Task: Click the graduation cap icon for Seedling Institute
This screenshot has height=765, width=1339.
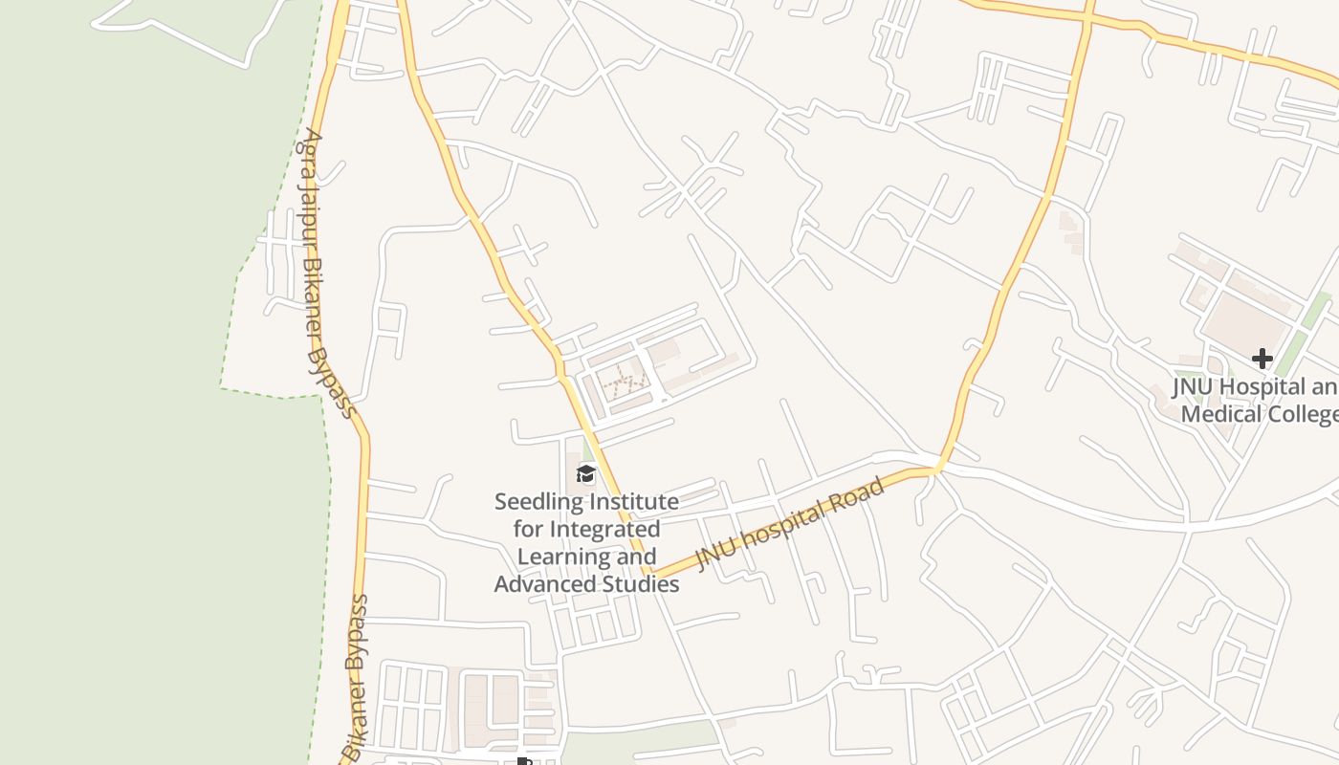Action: click(x=585, y=473)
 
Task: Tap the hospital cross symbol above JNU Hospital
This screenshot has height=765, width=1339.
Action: click(x=1262, y=359)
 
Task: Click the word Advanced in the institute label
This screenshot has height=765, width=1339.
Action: click(x=537, y=584)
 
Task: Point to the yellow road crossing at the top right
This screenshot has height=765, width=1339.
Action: click(x=1087, y=16)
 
